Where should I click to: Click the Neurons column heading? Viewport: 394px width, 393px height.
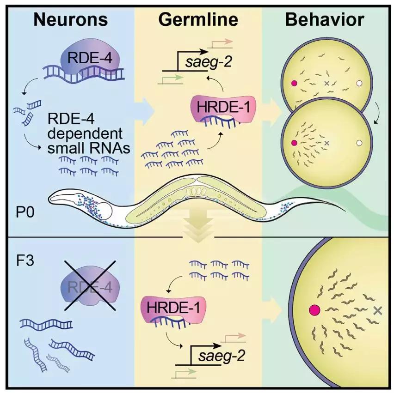71,19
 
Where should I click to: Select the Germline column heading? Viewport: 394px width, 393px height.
198,19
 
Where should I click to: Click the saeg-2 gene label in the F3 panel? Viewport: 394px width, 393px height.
219,356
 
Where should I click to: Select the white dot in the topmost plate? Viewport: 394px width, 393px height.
359,84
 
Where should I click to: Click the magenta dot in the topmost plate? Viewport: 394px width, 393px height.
294,84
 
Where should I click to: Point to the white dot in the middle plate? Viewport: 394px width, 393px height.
359,144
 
